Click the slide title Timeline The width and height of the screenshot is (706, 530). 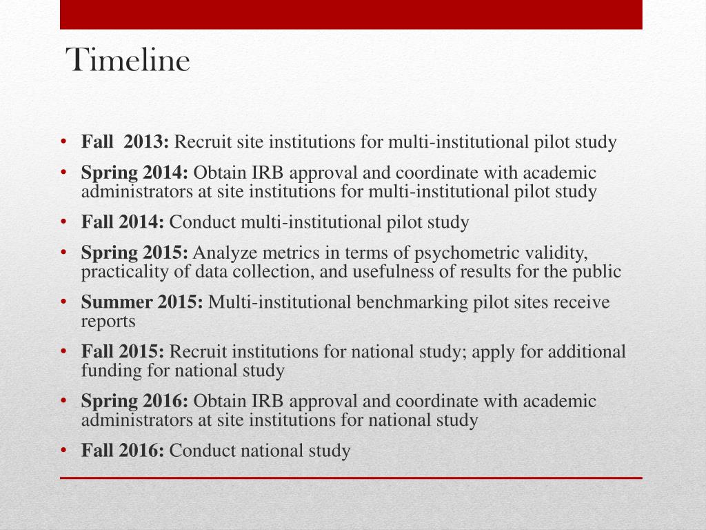pyautogui.click(x=128, y=61)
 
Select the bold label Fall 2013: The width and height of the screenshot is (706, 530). pyautogui.click(x=125, y=143)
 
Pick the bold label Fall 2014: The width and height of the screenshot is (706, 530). pyautogui.click(x=123, y=223)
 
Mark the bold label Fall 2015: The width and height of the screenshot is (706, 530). pyautogui.click(x=123, y=353)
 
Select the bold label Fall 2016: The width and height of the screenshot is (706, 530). pyautogui.click(x=123, y=452)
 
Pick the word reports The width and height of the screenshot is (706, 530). pyautogui.click(x=108, y=322)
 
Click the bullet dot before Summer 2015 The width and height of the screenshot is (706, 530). pyautogui.click(x=63, y=303)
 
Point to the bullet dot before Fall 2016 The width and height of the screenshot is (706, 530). pyautogui.click(x=63, y=452)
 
